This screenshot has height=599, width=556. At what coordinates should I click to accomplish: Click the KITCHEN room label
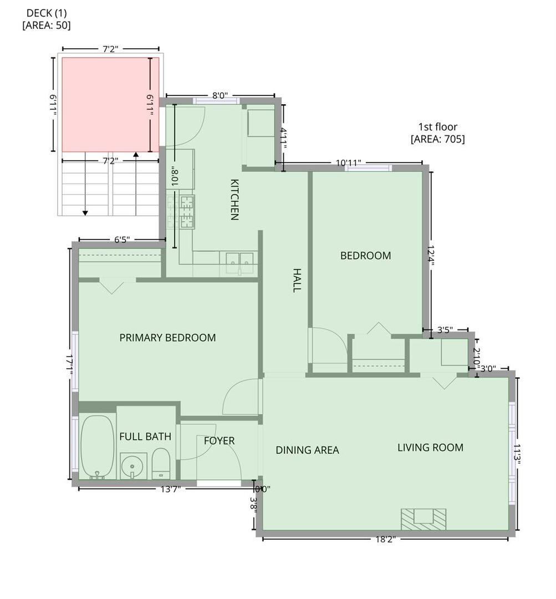(x=234, y=200)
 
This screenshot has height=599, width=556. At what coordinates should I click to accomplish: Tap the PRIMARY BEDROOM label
(x=167, y=338)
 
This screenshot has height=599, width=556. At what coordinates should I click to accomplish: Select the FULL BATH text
(x=145, y=436)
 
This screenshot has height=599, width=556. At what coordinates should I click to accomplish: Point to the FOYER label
(x=219, y=441)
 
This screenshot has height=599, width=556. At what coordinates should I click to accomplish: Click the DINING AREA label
(x=307, y=450)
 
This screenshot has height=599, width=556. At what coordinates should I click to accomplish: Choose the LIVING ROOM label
(x=430, y=448)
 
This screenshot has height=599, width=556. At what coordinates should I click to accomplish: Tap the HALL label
(x=297, y=281)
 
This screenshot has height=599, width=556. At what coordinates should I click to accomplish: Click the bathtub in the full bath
(x=97, y=447)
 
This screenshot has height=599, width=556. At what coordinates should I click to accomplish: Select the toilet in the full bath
(x=161, y=463)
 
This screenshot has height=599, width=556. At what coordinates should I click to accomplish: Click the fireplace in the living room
(x=424, y=519)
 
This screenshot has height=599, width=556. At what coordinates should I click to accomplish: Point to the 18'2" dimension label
(x=384, y=540)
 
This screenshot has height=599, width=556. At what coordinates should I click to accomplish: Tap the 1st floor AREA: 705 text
(x=437, y=133)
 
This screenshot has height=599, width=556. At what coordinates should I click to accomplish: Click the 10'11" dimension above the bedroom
(x=349, y=163)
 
